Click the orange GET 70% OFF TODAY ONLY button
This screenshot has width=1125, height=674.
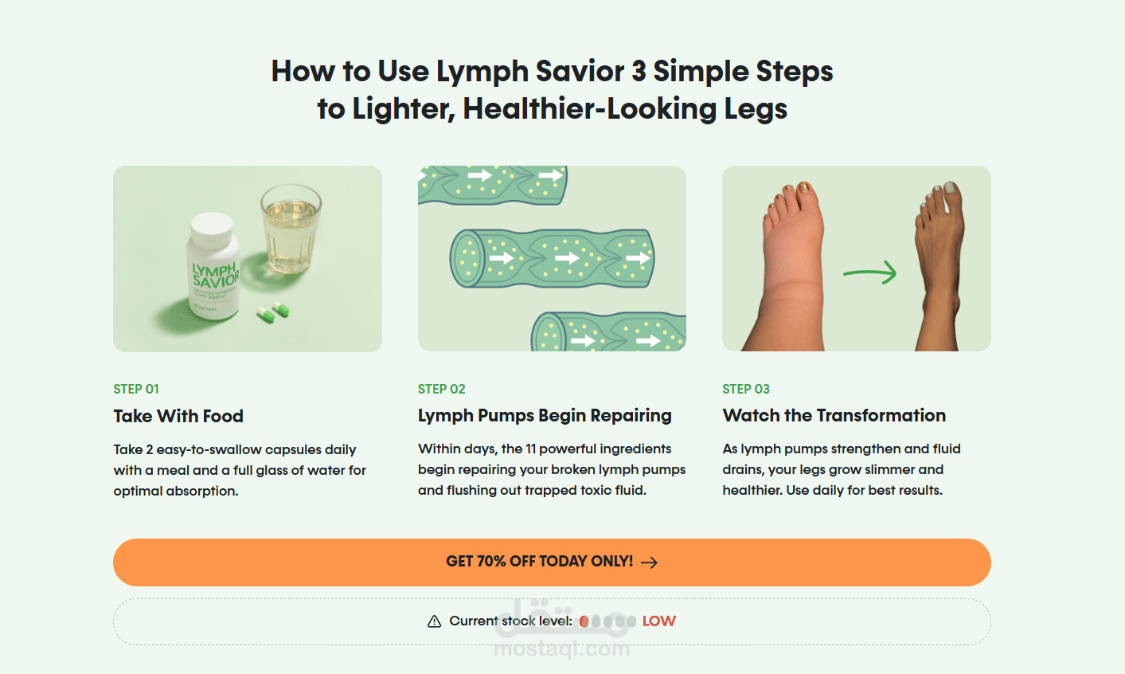click(x=552, y=562)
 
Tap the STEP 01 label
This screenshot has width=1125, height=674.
click(x=136, y=389)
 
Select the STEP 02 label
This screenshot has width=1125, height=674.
click(x=441, y=389)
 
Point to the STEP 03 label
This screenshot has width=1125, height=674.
click(x=746, y=389)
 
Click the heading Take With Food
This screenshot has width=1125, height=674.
click(x=178, y=416)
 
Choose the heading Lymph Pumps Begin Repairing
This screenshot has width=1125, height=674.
click(x=545, y=416)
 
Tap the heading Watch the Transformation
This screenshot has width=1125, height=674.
click(x=834, y=415)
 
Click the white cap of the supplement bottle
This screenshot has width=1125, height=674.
click(x=212, y=228)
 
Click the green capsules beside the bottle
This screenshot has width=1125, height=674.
click(x=273, y=312)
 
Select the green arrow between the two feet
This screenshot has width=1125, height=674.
click(x=869, y=273)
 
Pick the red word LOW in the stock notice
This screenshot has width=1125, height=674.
click(x=659, y=621)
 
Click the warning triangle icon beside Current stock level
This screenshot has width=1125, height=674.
click(x=435, y=621)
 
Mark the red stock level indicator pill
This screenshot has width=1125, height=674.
click(x=584, y=621)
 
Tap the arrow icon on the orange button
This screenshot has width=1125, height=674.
click(x=650, y=562)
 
